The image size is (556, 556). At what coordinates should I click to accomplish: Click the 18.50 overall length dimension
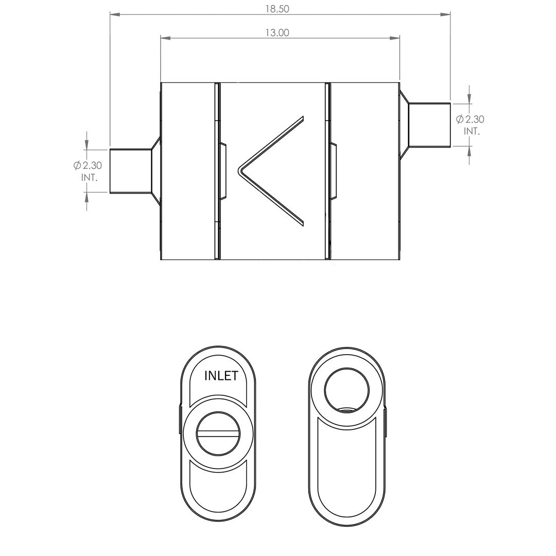coord(277,9)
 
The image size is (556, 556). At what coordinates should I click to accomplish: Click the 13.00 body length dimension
coord(277,32)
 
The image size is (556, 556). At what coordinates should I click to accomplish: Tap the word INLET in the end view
coord(221,376)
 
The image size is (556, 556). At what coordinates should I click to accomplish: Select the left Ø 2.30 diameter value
coord(88,165)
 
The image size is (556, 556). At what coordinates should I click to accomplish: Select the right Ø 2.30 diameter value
coord(470,119)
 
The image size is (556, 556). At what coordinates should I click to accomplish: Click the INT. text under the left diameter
coord(90,178)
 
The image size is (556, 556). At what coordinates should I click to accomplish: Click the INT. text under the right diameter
coord(472,131)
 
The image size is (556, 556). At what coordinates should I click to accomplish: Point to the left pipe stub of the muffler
coord(131,171)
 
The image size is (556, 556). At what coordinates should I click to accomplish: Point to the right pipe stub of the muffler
coord(429,125)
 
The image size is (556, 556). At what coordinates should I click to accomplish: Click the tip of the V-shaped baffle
coord(238,170)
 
